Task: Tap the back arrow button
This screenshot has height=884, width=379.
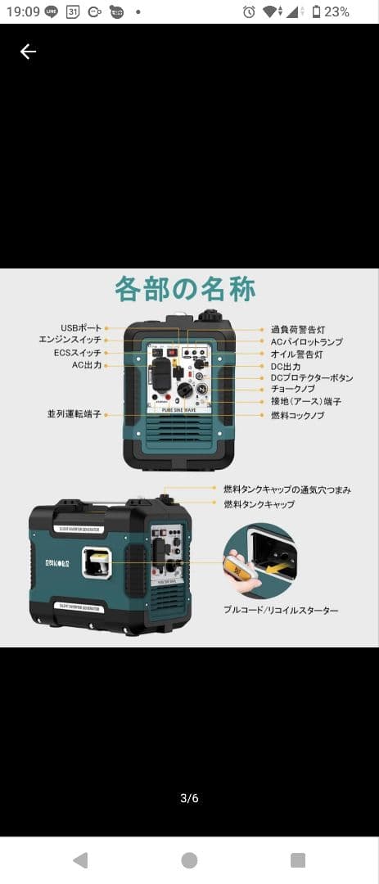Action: click(28, 52)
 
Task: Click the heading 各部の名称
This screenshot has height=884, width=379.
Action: click(185, 290)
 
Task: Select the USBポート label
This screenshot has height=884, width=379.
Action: click(81, 328)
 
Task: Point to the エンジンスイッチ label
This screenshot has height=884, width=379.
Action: click(70, 340)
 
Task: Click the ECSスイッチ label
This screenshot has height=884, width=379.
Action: click(78, 353)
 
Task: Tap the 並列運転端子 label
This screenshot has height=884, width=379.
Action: click(74, 415)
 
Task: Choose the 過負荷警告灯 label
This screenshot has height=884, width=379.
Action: click(298, 329)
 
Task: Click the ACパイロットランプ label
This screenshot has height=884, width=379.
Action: click(307, 341)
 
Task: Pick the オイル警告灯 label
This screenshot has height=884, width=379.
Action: click(297, 354)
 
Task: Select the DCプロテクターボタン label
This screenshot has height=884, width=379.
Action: click(312, 378)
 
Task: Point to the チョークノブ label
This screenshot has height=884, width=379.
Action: click(293, 390)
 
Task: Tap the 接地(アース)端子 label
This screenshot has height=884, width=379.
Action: click(306, 402)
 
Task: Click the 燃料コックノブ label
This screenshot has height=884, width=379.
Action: click(298, 416)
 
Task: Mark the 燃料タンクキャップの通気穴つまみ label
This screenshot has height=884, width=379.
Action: click(287, 489)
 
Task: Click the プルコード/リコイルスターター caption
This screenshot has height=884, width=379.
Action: click(281, 610)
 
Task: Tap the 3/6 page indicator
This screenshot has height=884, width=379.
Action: click(189, 798)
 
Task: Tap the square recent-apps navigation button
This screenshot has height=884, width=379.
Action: click(298, 859)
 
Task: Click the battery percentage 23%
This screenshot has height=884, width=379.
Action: click(336, 11)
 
